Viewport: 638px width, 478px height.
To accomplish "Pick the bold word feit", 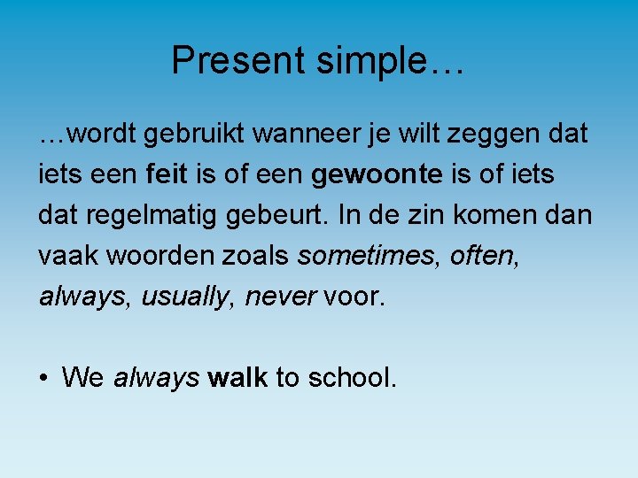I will [166, 174].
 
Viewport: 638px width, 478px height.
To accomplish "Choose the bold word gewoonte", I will [377, 174].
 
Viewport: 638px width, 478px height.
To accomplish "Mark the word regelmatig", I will [138, 215].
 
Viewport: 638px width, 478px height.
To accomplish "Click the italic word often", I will [482, 256].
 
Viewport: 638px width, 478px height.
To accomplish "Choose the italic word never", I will [280, 297].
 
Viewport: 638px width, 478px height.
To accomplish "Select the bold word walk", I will [237, 378].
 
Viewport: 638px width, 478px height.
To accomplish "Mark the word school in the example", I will [352, 378].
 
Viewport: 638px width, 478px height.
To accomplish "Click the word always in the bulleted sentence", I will [156, 378].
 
